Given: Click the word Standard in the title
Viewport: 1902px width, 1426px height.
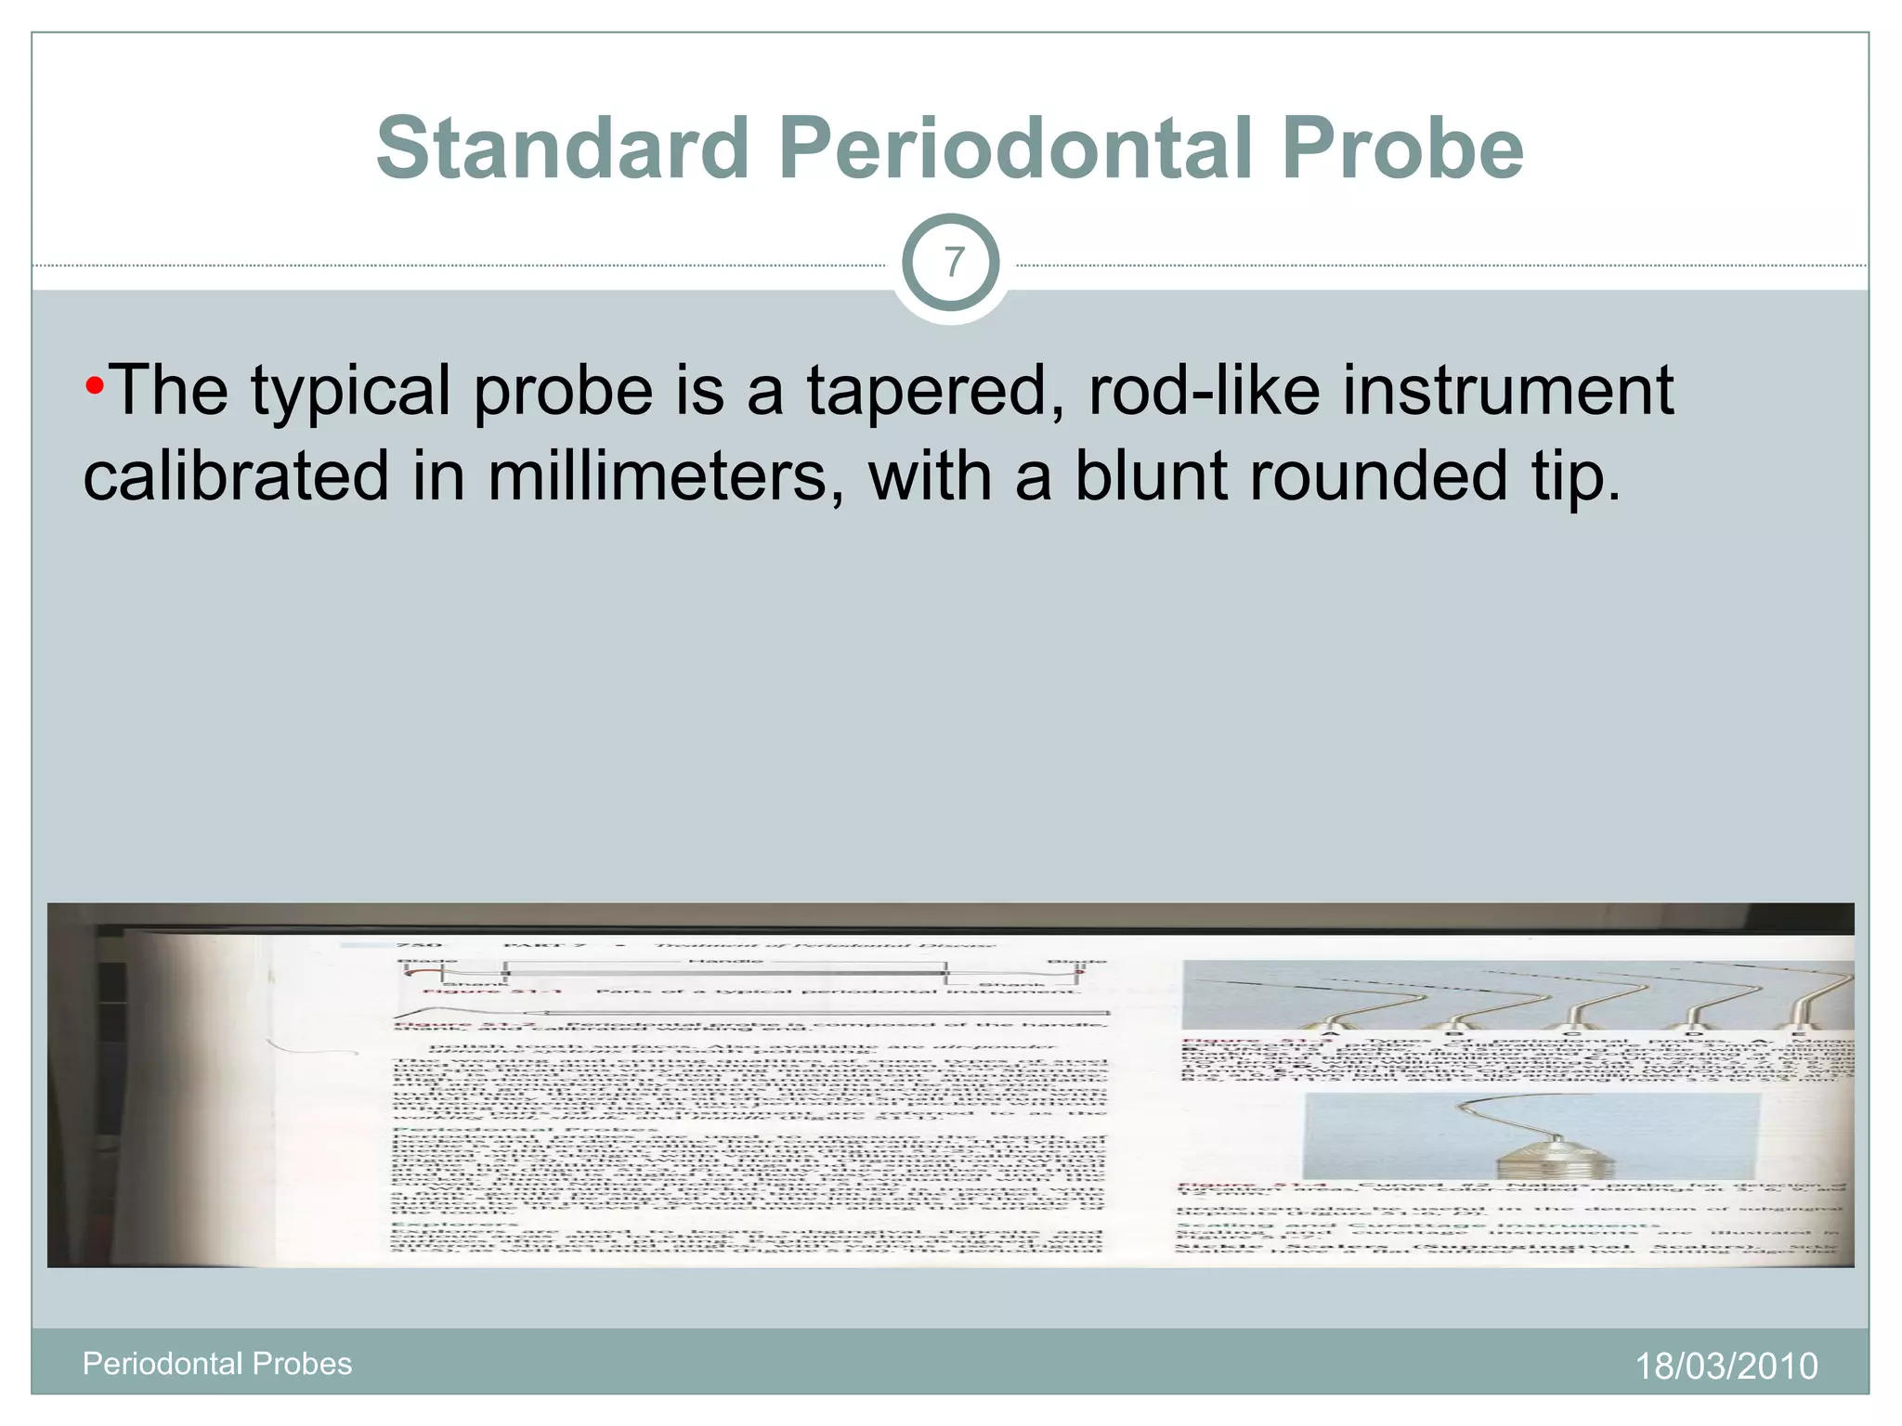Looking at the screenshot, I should [563, 149].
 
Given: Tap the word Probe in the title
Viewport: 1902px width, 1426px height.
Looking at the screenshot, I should [1402, 149].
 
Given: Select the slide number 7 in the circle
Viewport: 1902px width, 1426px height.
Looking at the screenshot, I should [952, 263].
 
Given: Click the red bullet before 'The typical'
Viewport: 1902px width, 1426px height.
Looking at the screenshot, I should [94, 385].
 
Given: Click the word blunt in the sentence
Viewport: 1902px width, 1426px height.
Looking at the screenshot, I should [1150, 475].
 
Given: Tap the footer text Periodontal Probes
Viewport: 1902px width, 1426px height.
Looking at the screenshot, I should [217, 1363].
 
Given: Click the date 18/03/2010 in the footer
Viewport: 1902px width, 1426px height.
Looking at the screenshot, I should [1726, 1366].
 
